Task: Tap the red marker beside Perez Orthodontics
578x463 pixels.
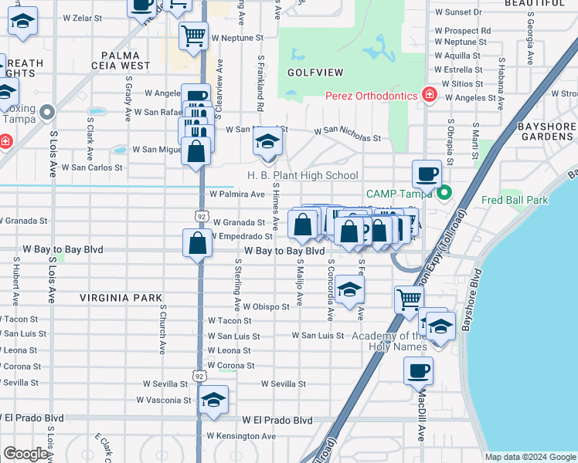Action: point(429,96)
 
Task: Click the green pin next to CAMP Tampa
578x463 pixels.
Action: point(444,193)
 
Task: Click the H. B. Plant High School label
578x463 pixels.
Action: point(303,175)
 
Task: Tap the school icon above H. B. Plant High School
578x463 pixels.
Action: point(267,142)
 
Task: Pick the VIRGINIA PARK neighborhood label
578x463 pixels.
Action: point(121,297)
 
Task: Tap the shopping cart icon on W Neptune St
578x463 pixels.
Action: point(193,35)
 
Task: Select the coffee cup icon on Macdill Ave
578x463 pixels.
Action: point(418,370)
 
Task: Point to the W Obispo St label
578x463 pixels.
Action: point(266,306)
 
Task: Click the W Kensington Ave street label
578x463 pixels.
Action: point(240,436)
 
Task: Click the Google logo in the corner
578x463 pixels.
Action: point(26,454)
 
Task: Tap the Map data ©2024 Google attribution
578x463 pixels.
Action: point(529,456)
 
